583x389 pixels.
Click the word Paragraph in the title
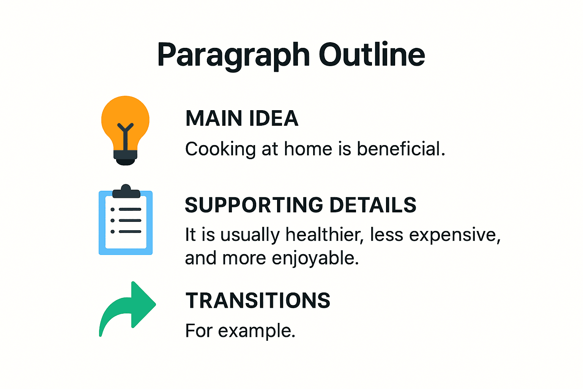tap(233, 55)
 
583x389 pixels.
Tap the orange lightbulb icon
tap(125, 122)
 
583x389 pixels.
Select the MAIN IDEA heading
tap(242, 118)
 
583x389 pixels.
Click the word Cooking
tap(220, 149)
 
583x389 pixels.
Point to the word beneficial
tap(400, 149)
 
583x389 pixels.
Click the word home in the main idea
tap(308, 149)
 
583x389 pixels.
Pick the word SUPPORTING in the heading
tap(254, 205)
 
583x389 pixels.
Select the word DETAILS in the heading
tap(373, 205)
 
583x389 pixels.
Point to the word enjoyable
tap(315, 258)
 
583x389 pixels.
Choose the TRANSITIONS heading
tap(258, 300)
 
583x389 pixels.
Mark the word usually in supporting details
tap(250, 235)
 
